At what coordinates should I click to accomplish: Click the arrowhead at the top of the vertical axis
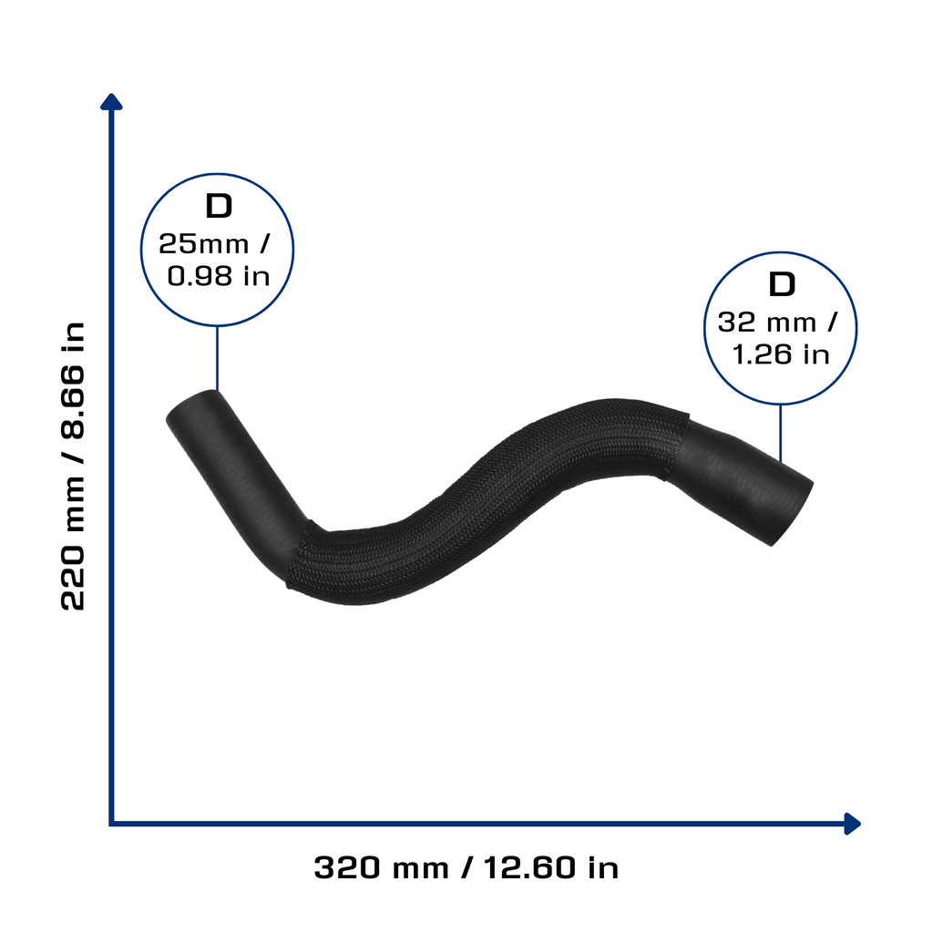[x=111, y=102]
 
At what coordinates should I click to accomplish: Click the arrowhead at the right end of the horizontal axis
[x=853, y=824]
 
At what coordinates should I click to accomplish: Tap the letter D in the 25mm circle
[x=219, y=206]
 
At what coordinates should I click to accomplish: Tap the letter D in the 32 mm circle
[x=782, y=284]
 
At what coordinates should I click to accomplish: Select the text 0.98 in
[x=219, y=276]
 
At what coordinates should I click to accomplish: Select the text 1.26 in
[x=781, y=354]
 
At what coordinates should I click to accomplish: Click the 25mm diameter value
[x=203, y=244]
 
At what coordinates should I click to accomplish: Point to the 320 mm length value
[x=381, y=867]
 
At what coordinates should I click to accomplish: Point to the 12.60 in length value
[x=551, y=867]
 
